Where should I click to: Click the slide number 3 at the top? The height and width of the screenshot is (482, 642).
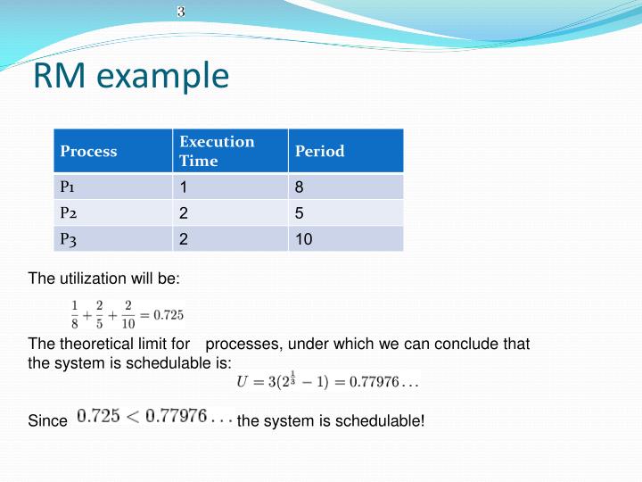pos(181,12)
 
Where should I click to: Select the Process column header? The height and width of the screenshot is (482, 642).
pos(88,151)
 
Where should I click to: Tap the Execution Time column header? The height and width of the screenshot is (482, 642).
pos(217,151)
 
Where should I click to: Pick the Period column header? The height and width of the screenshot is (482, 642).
pos(319,151)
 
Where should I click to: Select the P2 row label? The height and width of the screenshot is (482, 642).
pos(69,213)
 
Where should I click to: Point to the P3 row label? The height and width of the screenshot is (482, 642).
pos(69,239)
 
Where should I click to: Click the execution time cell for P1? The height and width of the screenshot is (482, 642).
pos(184,187)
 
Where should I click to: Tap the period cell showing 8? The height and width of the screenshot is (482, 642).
pos(300,187)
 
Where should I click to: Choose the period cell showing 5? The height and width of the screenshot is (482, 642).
pos(300,213)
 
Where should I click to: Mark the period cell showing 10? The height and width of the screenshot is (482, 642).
pos(303,239)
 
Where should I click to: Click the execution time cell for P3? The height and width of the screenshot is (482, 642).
pos(184,239)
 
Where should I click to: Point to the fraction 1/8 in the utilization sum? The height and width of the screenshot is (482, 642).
pos(75,314)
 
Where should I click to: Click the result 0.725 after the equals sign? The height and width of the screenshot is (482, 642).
pos(169,314)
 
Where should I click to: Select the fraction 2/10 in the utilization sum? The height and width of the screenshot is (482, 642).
pos(128,314)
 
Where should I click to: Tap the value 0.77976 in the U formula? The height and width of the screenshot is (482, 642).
pos(384,382)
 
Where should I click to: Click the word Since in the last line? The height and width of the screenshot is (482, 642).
pos(47,420)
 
